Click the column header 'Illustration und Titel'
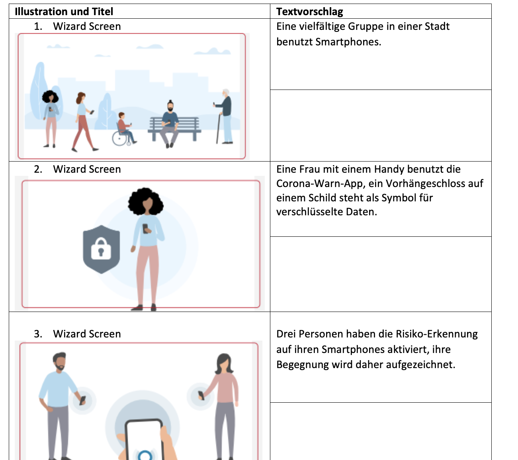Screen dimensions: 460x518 (x=64, y=12)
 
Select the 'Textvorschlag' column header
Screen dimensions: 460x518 (x=309, y=12)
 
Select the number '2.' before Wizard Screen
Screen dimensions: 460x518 (x=38, y=169)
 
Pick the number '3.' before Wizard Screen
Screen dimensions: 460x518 (x=38, y=334)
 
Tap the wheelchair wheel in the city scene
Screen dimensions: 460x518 (x=119, y=138)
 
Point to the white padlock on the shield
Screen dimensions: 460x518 (x=101, y=249)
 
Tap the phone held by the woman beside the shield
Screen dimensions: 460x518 (x=146, y=228)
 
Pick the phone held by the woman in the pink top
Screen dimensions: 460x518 (x=201, y=395)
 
